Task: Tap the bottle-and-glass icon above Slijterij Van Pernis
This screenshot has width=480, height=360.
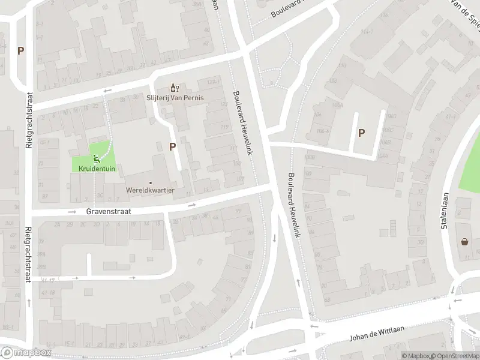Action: tap(175, 88)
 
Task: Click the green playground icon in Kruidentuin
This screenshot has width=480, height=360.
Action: tap(96, 159)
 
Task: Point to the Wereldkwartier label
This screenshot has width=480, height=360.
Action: tap(150, 190)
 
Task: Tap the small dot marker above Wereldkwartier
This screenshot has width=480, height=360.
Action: tap(150, 182)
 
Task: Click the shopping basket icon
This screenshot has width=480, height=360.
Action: tap(464, 242)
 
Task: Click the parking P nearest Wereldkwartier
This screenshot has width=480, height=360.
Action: tap(173, 146)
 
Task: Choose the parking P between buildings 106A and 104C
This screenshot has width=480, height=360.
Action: tap(361, 133)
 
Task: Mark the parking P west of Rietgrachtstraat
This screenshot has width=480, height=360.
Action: tap(21, 51)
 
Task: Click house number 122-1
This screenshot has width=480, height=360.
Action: tap(211, 82)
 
